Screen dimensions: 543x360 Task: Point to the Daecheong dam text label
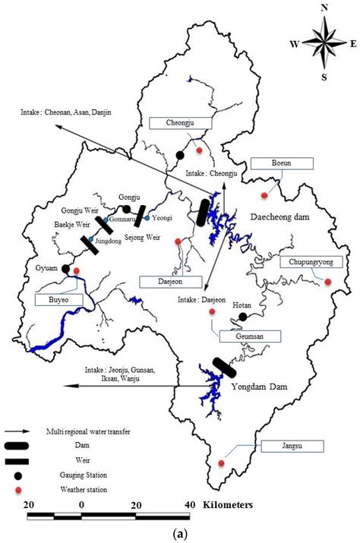click(281, 216)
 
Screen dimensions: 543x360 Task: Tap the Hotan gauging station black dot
click(242, 317)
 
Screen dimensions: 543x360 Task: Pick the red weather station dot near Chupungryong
click(328, 282)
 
